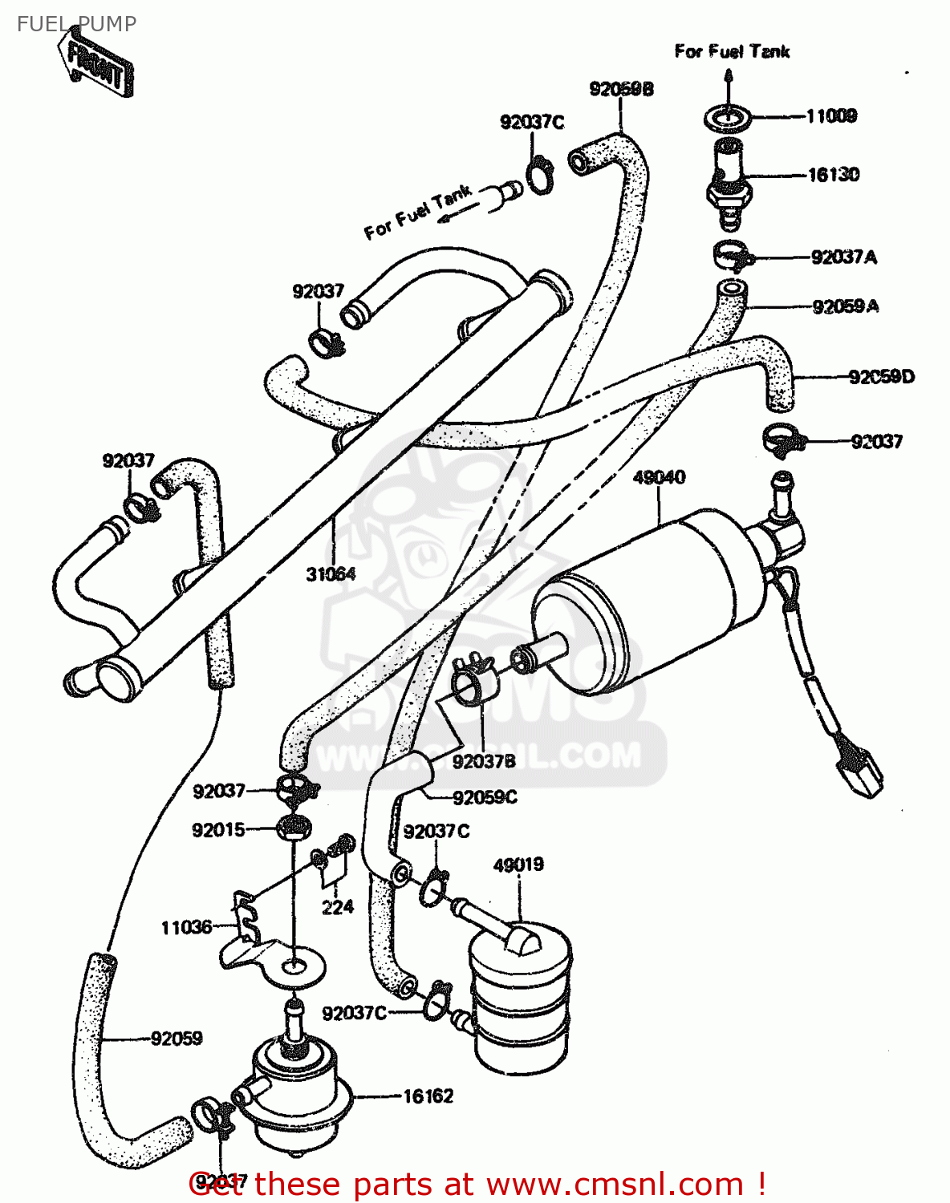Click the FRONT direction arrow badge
click(95, 63)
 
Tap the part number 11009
click(831, 116)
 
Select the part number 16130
click(833, 175)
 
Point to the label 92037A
click(843, 257)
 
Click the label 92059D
click(881, 376)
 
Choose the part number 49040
click(659, 477)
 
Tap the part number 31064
click(331, 574)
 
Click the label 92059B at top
click(621, 89)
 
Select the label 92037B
click(483, 761)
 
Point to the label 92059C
click(485, 797)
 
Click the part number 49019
click(518, 865)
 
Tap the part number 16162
click(428, 1096)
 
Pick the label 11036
click(186, 928)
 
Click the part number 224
click(338, 907)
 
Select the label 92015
click(218, 830)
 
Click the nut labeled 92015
click(294, 827)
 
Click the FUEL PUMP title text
click(77, 24)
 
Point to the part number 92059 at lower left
click(177, 1039)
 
